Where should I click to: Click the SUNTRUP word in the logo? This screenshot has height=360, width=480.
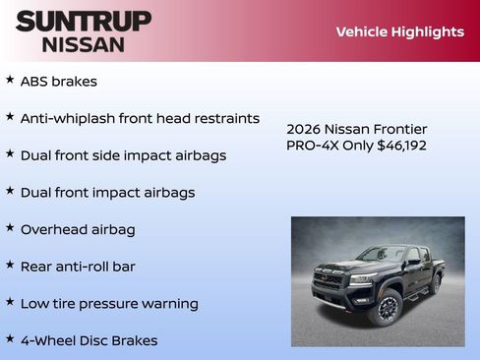(84, 21)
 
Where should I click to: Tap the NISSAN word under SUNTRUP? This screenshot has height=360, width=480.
(84, 44)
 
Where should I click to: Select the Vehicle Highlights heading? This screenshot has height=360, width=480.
(399, 31)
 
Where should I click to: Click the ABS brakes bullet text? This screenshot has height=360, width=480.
(59, 82)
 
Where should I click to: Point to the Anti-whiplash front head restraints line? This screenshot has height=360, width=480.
(140, 118)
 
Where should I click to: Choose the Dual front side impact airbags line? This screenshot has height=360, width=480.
(123, 155)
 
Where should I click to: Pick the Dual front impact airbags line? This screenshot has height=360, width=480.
(107, 193)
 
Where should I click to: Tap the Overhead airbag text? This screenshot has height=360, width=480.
(78, 229)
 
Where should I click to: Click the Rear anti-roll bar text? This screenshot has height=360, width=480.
(78, 267)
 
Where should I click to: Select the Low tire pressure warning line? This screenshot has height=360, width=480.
(109, 304)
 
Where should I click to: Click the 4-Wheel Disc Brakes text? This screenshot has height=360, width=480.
(89, 341)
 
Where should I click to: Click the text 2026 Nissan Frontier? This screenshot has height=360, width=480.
(356, 129)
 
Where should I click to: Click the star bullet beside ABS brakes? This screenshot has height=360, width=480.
(10, 80)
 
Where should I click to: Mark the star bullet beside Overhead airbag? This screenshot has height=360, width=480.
(10, 227)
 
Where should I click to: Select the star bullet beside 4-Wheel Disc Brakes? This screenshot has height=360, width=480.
(10, 338)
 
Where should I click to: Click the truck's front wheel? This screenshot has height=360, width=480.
(387, 309)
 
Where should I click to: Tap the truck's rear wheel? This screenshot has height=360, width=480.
(435, 284)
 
